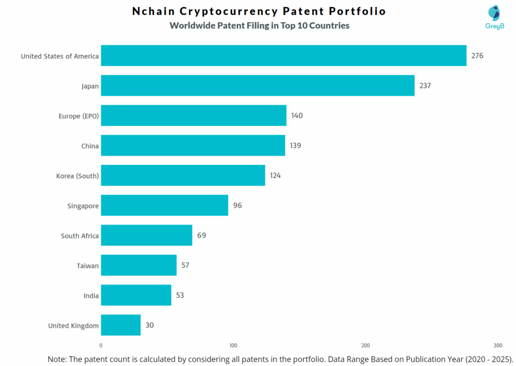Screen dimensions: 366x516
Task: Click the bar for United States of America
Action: tap(284, 55)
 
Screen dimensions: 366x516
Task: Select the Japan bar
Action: tap(257, 86)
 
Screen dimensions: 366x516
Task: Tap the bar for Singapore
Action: tap(164, 205)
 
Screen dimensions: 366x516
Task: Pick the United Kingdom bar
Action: tap(120, 325)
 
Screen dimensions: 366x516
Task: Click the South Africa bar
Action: tap(147, 235)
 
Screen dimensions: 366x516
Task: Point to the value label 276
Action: tap(477, 55)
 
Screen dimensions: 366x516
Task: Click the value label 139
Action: tap(296, 145)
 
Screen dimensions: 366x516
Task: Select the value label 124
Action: tap(275, 176)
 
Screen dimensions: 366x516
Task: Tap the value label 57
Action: tap(185, 265)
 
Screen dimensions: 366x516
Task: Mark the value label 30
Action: tap(150, 325)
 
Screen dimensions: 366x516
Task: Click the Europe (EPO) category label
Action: tap(79, 116)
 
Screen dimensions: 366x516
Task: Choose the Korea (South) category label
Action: tap(78, 176)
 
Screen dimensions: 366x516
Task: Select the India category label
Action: tap(91, 296)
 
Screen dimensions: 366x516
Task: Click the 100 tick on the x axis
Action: tap(233, 345)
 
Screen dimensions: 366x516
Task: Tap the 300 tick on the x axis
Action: tap(498, 345)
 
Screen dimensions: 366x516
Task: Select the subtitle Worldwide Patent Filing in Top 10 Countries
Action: tap(259, 26)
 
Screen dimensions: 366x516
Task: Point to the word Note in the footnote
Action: tap(58, 359)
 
